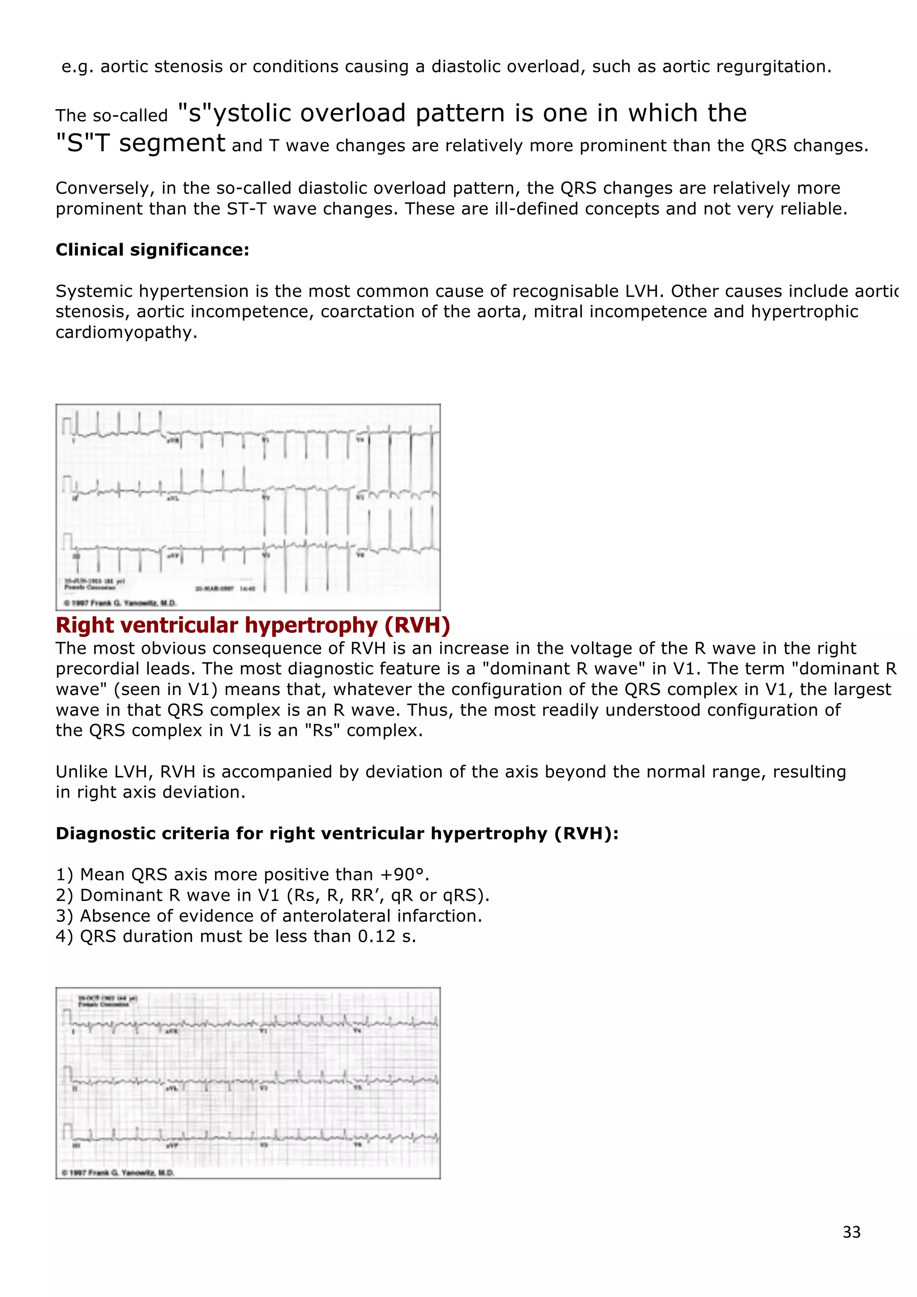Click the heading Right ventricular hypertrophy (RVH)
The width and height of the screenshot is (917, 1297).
point(253,625)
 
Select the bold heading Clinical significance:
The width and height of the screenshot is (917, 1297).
point(152,250)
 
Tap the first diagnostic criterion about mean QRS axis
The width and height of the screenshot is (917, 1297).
point(242,875)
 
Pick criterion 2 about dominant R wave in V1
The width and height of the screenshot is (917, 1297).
point(272,896)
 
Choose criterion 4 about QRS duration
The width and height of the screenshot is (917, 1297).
point(236,937)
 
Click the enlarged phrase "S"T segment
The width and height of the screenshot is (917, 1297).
point(140,143)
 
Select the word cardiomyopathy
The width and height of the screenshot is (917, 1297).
point(126,332)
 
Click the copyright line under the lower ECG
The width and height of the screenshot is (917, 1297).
point(117,1172)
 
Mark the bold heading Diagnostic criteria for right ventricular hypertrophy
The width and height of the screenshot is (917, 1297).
point(337,833)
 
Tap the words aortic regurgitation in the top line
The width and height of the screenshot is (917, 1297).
point(746,67)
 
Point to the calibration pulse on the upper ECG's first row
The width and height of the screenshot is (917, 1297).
point(67,427)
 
